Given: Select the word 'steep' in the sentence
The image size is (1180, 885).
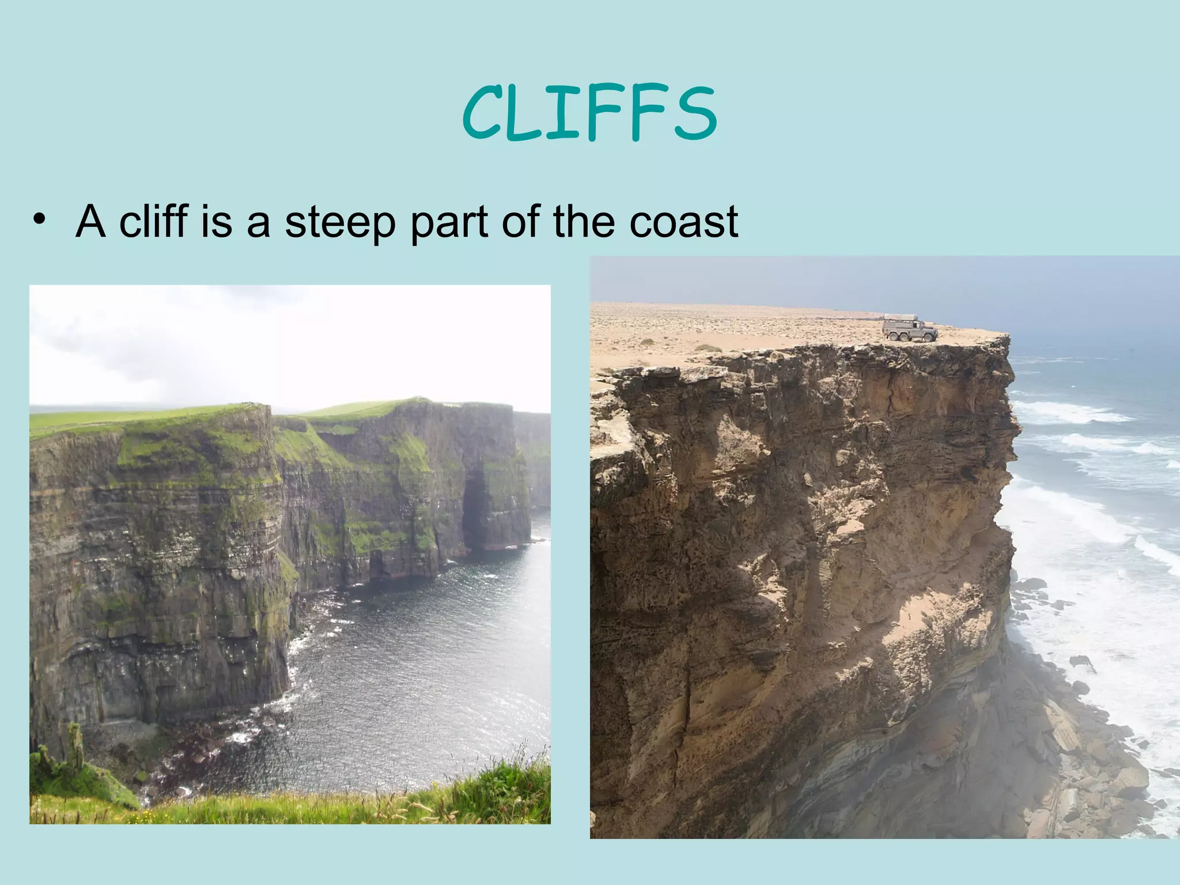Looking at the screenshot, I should pos(340,222).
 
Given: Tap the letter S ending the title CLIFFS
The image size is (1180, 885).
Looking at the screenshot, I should pos(695,113).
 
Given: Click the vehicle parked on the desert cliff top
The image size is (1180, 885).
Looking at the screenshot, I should pos(909,329).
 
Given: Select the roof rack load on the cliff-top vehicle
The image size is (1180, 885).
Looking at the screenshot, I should pos(899,318).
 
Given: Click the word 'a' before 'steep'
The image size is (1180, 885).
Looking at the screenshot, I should pos(258,222).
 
